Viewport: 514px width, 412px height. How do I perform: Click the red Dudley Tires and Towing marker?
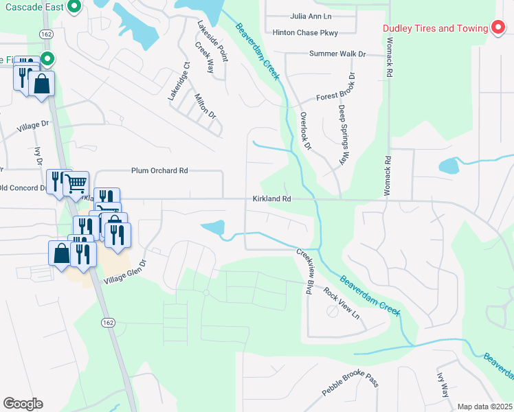pos(499,28)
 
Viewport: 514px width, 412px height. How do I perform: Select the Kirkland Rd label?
pos(272,198)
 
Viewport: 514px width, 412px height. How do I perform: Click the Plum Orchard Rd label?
pos(159,170)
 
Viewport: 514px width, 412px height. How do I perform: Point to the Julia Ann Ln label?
pos(311,16)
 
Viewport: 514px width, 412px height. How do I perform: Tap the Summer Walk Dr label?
pos(337,54)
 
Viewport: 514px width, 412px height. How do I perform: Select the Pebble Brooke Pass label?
pos(350,390)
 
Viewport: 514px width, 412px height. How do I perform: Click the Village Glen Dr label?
pos(126,272)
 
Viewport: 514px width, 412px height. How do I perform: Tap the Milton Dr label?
pos(205,106)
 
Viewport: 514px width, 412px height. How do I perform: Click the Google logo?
pos(23,403)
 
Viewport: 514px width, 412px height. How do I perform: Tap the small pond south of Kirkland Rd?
pos(214,227)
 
